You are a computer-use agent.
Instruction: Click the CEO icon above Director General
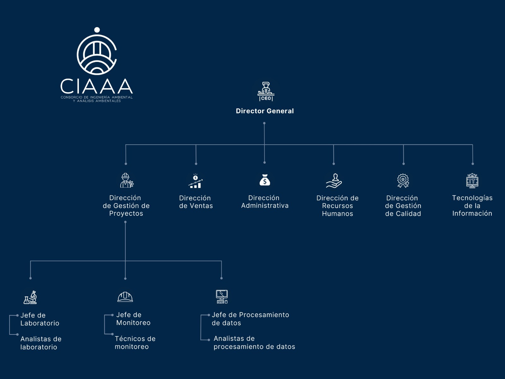[266, 92]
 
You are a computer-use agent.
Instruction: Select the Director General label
[265, 111]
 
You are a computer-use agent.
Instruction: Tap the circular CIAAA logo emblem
[97, 54]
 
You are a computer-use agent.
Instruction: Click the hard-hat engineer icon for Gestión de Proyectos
[127, 180]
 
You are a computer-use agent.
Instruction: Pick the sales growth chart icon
[196, 181]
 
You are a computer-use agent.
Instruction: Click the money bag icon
[265, 180]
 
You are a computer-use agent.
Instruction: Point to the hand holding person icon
[334, 181]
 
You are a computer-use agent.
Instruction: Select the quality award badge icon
[403, 181]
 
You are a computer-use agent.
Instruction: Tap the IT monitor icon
[472, 181]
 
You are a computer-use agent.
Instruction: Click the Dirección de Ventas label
[196, 202]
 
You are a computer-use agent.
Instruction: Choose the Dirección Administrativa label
[265, 202]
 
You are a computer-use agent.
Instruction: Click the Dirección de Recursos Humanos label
[337, 206]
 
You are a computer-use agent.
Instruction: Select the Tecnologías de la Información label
[472, 205]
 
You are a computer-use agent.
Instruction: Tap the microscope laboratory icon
[31, 297]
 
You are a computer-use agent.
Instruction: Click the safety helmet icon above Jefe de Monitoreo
[125, 297]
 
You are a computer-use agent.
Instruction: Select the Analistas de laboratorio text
[41, 343]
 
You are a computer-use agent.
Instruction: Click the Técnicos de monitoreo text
[135, 342]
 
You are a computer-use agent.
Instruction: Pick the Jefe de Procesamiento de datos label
[250, 319]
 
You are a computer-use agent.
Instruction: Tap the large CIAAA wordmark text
[97, 86]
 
